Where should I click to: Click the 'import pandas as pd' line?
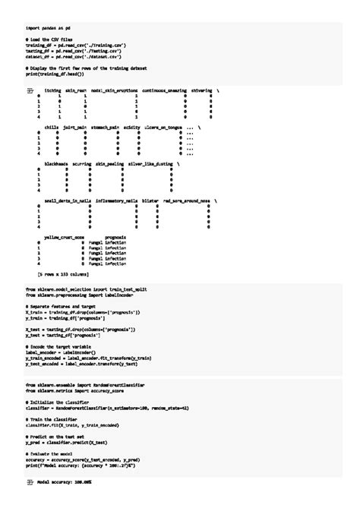(x=48, y=27)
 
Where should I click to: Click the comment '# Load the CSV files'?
(x=49, y=39)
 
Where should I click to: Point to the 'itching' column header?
(x=53, y=90)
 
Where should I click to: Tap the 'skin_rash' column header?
(x=76, y=90)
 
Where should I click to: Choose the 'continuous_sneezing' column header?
(x=162, y=90)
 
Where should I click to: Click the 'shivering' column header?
(x=201, y=90)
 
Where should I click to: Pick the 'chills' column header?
(x=52, y=127)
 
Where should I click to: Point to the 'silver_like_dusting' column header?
(x=151, y=163)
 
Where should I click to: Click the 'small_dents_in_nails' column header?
(x=72, y=200)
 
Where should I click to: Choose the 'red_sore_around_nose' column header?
(x=187, y=200)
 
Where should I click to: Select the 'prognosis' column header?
(x=115, y=237)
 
